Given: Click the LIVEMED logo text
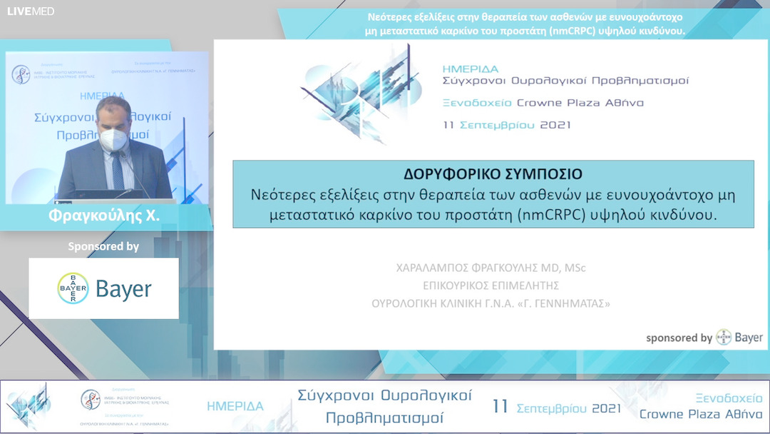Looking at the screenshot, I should click(31, 11).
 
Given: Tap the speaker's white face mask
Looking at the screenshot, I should click(113, 138).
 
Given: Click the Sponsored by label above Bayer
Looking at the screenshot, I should click(103, 246).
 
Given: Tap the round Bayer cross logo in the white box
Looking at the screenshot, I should click(73, 288).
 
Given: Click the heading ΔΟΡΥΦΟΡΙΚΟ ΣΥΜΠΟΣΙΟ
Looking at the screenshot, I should click(493, 173).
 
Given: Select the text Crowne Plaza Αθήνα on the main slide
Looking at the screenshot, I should click(580, 103).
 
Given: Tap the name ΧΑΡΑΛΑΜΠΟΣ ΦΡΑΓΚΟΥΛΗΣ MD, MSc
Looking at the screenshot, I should click(491, 268).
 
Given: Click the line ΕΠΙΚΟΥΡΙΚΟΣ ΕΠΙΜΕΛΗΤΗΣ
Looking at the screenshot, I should click(491, 286).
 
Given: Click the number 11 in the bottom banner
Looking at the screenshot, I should click(500, 407).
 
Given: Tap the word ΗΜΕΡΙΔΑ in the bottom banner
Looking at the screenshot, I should click(235, 406).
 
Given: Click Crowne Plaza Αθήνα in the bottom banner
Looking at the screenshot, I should click(700, 414).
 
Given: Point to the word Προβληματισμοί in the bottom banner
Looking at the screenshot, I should click(384, 417).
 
